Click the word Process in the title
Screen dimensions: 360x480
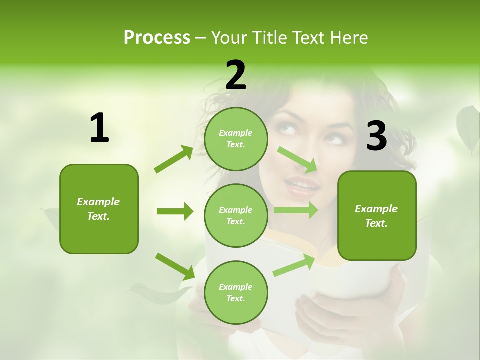tap(157, 37)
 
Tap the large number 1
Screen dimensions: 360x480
tap(99, 128)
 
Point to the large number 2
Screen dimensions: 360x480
tap(236, 75)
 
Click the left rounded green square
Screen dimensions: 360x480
tap(99, 209)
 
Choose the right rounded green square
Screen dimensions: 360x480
tap(377, 215)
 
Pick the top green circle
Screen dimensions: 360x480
tap(236, 138)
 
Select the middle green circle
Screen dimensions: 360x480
tap(236, 215)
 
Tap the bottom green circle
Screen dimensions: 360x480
tap(236, 292)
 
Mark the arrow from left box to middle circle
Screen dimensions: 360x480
tap(175, 211)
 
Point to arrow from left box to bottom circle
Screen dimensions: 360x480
tap(175, 266)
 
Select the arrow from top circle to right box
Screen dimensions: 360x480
tap(298, 159)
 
